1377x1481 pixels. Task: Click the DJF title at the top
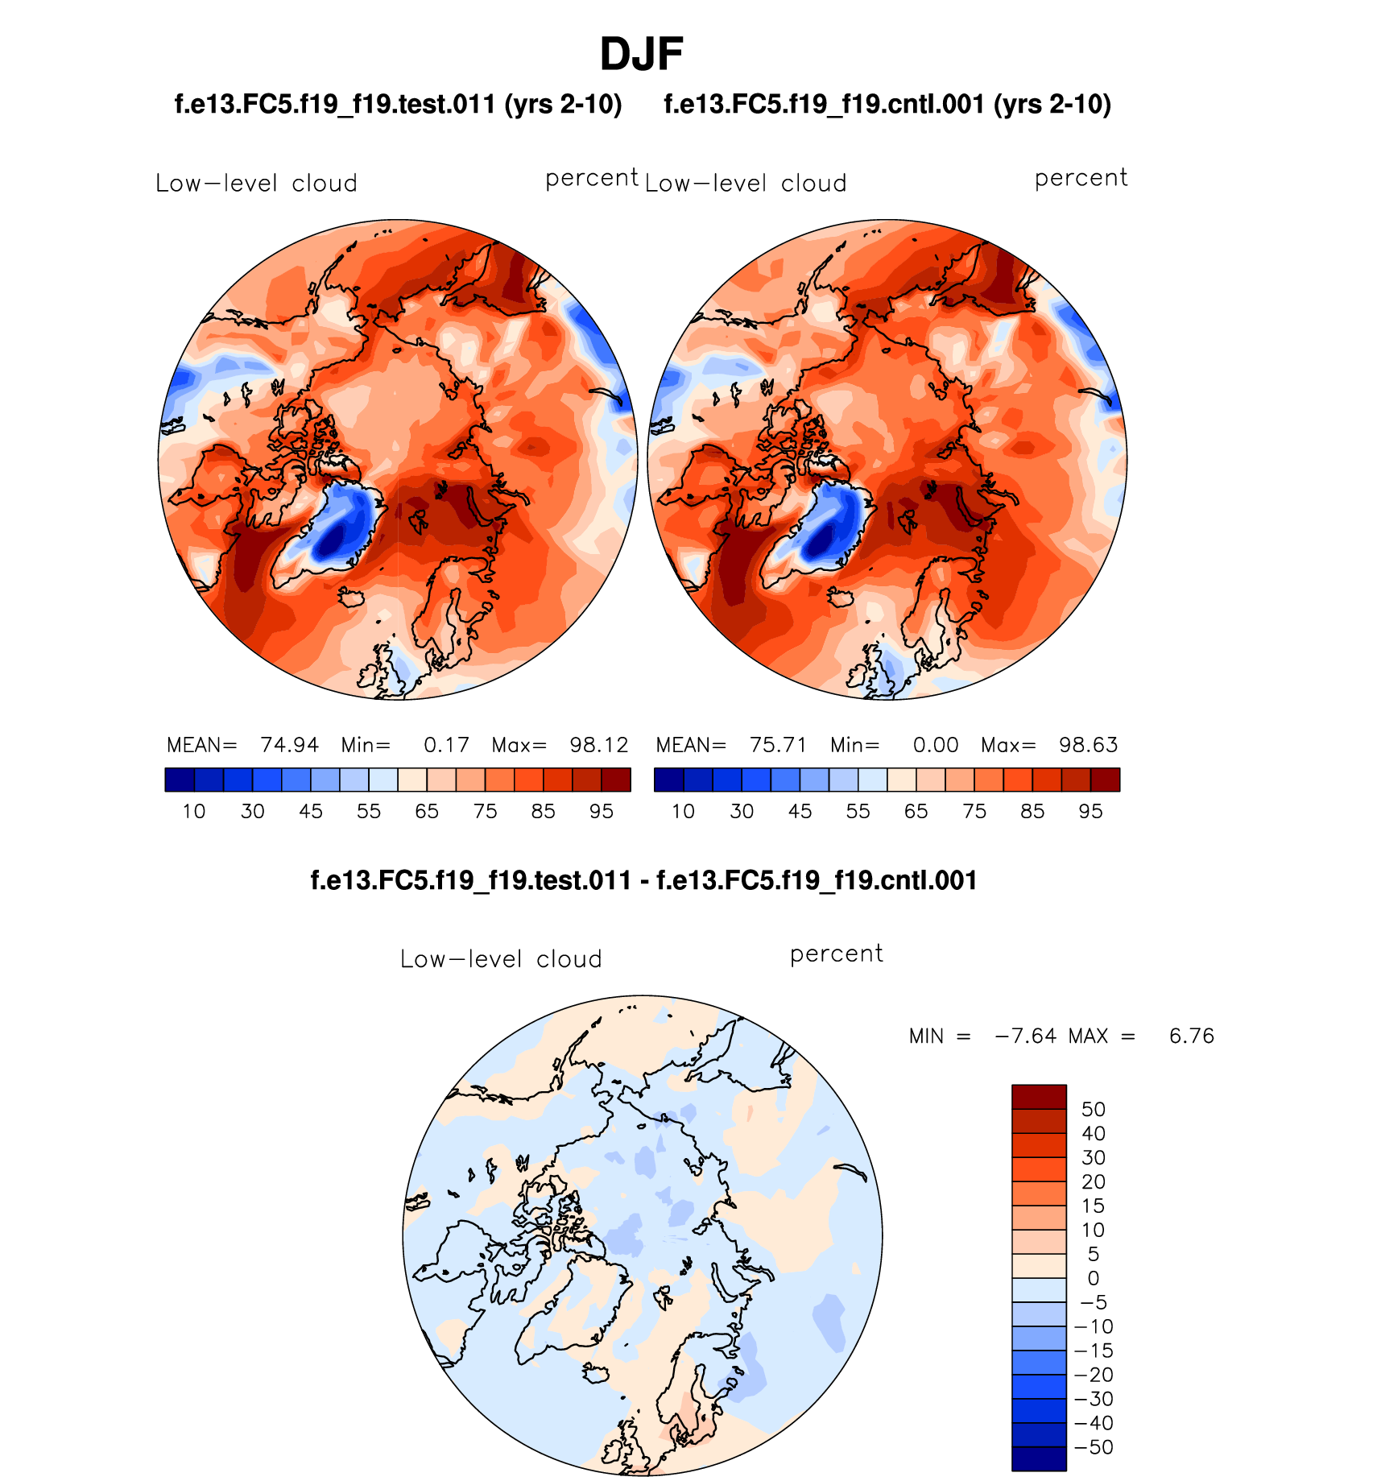(641, 55)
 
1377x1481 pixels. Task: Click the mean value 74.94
(289, 745)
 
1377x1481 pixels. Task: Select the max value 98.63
(1088, 745)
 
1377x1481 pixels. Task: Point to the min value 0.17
(446, 745)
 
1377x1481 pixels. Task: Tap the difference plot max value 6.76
(1191, 1036)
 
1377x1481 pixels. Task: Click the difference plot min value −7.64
(1025, 1036)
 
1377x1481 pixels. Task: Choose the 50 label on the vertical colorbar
(1093, 1110)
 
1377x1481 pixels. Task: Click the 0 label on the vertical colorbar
(1093, 1278)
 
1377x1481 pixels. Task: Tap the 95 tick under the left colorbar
(602, 812)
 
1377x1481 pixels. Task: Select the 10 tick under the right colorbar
(683, 812)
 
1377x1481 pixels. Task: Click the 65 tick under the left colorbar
(427, 812)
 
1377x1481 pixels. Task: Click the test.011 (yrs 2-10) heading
(398, 105)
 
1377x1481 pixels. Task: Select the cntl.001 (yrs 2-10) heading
(887, 105)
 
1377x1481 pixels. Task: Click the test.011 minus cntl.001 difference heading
(643, 880)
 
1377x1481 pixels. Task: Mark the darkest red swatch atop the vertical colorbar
(1039, 1097)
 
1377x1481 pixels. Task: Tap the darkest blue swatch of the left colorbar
(179, 780)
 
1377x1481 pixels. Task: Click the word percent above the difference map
(836, 954)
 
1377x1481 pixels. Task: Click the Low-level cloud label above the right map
(746, 184)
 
